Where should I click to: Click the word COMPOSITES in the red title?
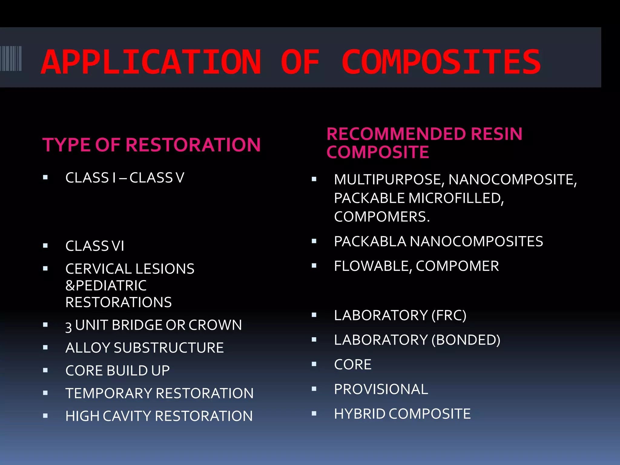[441, 62]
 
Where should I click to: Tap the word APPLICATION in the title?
[151, 62]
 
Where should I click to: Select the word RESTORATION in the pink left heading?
[193, 145]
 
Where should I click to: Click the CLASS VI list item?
[95, 246]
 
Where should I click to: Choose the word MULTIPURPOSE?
[389, 180]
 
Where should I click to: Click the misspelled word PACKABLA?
[370, 242]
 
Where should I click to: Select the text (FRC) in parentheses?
[449, 315]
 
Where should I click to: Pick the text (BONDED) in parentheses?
[466, 340]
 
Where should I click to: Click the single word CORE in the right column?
[353, 364]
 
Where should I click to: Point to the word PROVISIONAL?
[381, 389]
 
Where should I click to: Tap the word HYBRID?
[359, 414]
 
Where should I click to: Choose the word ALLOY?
[87, 348]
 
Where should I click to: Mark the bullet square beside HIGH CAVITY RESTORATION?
[45, 416]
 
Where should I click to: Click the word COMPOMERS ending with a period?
[382, 217]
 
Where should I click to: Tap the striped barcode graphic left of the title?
[11, 58]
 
